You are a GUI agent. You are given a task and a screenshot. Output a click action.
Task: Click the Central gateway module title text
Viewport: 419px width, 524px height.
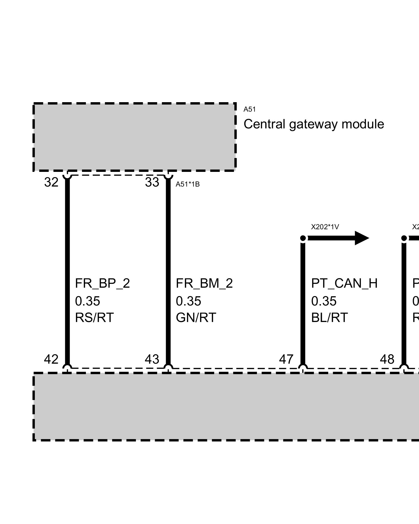pos(314,124)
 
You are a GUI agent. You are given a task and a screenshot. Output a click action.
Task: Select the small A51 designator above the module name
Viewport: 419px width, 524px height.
pos(249,110)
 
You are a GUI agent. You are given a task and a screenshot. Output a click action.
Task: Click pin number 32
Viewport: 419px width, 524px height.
pos(51,182)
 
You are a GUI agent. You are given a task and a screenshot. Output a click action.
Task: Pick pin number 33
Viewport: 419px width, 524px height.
pos(152,182)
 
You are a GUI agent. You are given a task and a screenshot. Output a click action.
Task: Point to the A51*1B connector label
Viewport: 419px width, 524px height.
pos(188,184)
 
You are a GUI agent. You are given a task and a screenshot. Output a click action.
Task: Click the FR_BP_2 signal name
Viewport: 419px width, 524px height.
pos(102,283)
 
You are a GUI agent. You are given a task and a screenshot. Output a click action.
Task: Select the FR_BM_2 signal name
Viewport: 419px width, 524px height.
pos(204,283)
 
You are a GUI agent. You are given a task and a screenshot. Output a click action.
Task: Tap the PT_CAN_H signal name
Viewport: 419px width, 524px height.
pos(344,283)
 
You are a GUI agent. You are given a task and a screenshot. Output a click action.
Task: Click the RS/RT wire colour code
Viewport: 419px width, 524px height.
pos(94,318)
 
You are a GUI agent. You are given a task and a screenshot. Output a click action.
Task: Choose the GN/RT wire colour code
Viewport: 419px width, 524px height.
pos(196,318)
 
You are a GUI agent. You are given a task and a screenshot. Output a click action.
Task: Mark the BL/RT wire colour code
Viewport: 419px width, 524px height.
pos(329,318)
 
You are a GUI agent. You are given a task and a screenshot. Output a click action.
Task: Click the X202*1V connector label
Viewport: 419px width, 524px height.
pos(325,227)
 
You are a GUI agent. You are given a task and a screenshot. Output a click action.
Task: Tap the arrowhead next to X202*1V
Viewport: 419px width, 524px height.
pos(362,238)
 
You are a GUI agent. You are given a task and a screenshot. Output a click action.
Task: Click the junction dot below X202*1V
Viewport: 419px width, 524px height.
pos(303,238)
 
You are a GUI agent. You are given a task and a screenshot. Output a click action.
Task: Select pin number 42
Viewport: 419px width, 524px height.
pos(51,359)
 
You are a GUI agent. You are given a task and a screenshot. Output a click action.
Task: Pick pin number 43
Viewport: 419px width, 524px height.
pos(152,359)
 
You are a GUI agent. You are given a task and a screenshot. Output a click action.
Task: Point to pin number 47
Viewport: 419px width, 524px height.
pos(286,359)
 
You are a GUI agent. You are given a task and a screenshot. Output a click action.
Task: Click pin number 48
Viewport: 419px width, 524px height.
pos(387,359)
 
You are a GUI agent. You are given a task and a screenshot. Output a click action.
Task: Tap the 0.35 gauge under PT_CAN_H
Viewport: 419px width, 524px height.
pos(324,301)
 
